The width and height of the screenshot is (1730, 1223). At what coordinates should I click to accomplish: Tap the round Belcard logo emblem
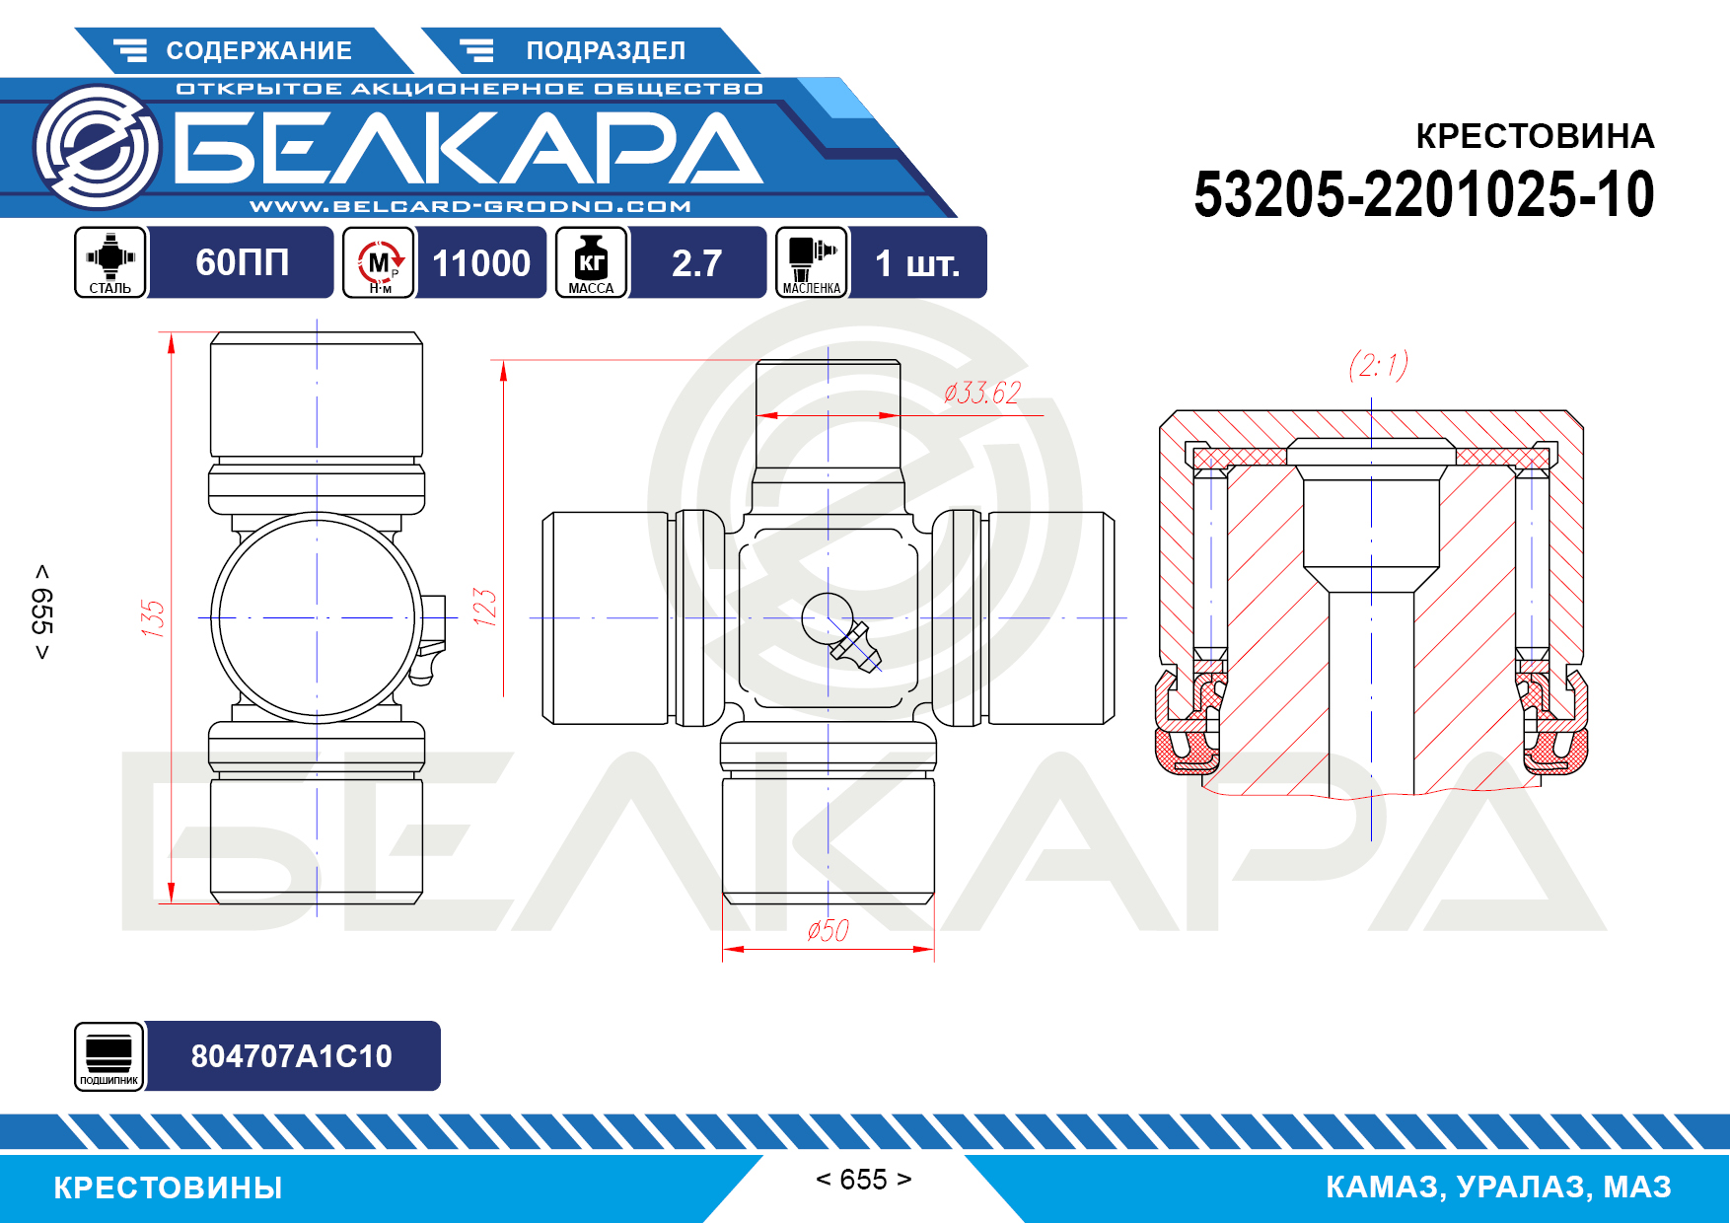click(x=97, y=148)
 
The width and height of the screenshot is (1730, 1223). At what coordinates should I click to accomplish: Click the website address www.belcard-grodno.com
click(x=470, y=206)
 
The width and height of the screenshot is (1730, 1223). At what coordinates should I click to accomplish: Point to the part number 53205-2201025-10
click(x=1424, y=194)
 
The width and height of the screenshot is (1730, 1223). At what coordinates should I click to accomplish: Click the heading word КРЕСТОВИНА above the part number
click(x=1535, y=136)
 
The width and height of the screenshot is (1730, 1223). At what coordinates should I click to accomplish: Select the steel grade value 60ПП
click(x=242, y=262)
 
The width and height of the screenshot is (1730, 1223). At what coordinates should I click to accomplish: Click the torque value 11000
click(x=481, y=262)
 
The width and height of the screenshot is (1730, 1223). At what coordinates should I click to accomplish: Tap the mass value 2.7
click(x=696, y=262)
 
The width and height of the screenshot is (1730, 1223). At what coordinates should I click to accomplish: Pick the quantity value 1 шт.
click(x=917, y=262)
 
